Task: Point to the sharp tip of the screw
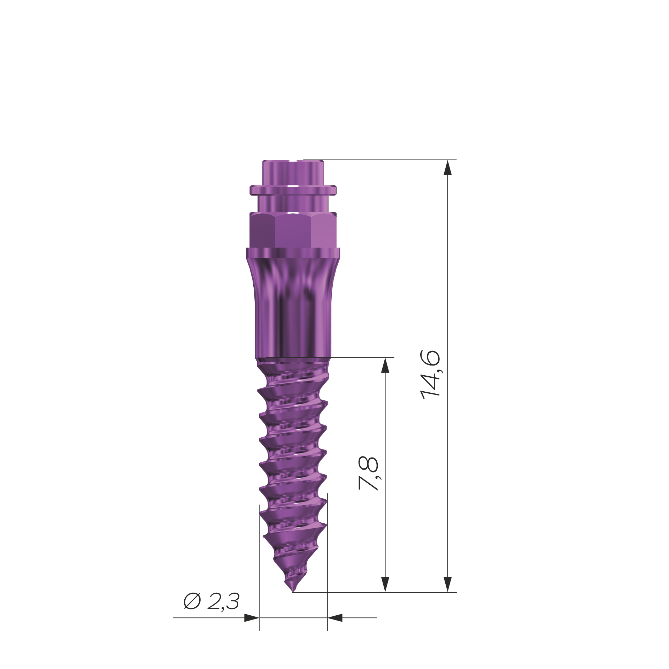coord(293,591)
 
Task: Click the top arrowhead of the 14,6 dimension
coord(448,168)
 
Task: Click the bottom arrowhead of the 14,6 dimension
coord(448,584)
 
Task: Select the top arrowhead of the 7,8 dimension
coord(385,366)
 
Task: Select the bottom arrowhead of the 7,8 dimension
coord(385,584)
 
